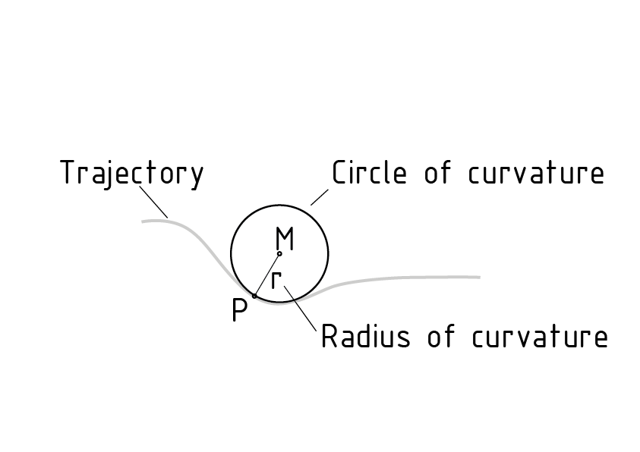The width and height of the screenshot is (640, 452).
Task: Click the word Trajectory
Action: point(132,174)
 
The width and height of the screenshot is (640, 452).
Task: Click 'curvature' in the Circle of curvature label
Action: point(535,174)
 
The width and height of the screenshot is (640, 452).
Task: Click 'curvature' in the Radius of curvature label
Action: point(539,337)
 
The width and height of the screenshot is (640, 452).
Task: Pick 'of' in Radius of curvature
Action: point(442,336)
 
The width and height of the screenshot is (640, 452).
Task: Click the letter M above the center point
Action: point(284,238)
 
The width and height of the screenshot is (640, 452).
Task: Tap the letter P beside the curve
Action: point(239,310)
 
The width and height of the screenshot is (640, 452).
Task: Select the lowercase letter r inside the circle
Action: point(276,279)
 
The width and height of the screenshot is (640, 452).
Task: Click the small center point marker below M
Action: point(279,253)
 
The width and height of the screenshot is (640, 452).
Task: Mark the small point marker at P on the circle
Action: point(254,296)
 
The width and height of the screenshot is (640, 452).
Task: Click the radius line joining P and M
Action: point(266,275)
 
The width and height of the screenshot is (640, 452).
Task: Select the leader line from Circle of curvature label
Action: point(319,196)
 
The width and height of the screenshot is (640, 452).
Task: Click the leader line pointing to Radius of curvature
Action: point(300,308)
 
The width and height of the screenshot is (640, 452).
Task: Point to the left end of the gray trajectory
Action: point(143,221)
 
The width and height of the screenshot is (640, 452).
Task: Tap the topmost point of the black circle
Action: point(279,205)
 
